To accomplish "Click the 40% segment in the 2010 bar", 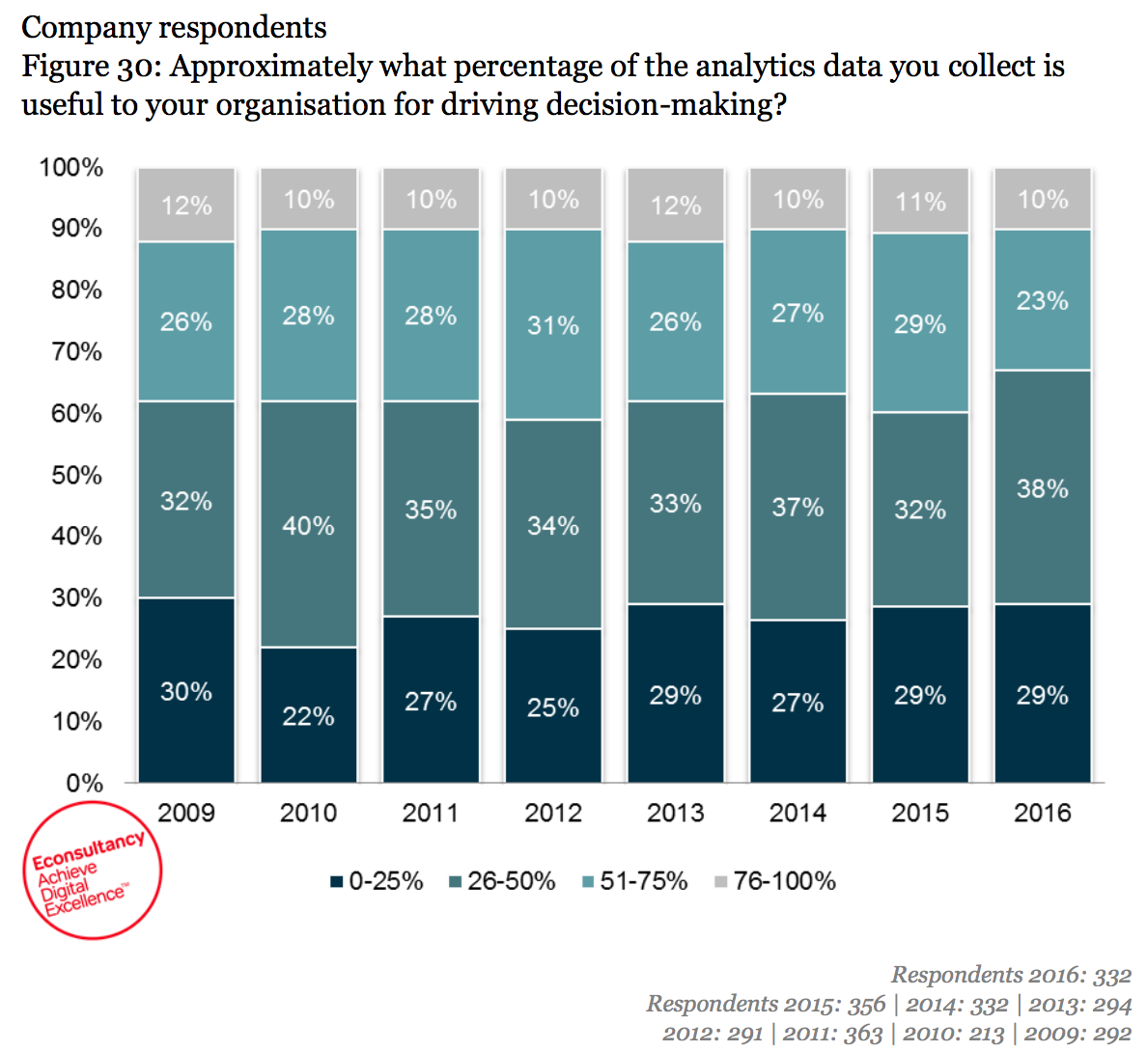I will [308, 524].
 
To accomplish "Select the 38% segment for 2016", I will [1043, 487].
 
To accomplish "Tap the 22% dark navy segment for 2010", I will [308, 715].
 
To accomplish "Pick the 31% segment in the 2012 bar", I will [553, 325].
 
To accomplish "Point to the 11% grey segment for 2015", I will [920, 201].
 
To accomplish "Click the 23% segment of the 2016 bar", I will [1043, 300].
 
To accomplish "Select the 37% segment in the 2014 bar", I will [797, 507].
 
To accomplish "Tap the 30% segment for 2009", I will [186, 691].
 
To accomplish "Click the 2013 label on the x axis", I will [676, 813].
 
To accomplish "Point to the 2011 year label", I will [431, 813].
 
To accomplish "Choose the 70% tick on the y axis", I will [76, 351].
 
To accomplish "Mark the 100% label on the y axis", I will [70, 167].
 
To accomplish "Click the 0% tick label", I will [84, 783].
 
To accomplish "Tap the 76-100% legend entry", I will [775, 881].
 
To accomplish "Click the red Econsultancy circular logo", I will [92, 870].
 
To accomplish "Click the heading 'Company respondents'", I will [175, 27].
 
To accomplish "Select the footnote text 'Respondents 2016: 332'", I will [1011, 975].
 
